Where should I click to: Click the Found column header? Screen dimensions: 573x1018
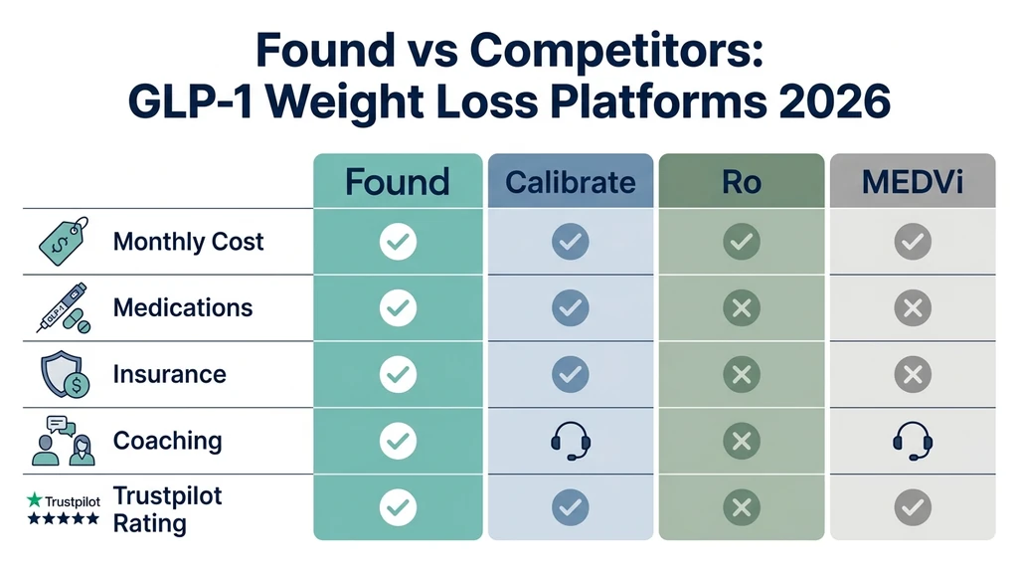pyautogui.click(x=398, y=182)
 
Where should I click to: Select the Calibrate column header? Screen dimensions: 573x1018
pyautogui.click(x=570, y=182)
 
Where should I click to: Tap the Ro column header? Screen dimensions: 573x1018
pyautogui.click(x=741, y=182)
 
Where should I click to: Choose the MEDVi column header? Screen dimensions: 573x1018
pyautogui.click(x=912, y=182)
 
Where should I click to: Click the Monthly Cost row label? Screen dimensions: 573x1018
pyautogui.click(x=189, y=242)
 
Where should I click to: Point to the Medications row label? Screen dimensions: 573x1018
pyautogui.click(x=183, y=307)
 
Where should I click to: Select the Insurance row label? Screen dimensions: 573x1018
pyautogui.click(x=169, y=374)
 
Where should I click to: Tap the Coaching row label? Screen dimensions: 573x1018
pyautogui.click(x=167, y=441)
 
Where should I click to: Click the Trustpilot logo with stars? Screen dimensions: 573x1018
pyautogui.click(x=63, y=508)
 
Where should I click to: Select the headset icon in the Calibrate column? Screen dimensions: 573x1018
pyautogui.click(x=570, y=441)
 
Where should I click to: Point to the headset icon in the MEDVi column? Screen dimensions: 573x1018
pyautogui.click(x=912, y=441)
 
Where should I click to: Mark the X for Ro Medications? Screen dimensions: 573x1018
pyautogui.click(x=741, y=308)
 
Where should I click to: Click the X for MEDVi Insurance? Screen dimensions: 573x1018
pyautogui.click(x=912, y=374)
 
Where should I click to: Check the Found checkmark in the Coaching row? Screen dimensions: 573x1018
pyautogui.click(x=399, y=441)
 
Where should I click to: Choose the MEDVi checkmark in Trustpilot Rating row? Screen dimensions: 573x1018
pyautogui.click(x=912, y=507)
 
